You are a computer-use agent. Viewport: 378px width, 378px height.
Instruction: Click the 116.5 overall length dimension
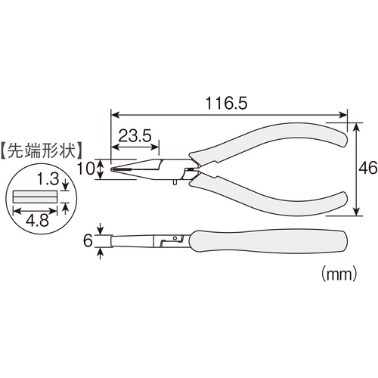click(x=226, y=104)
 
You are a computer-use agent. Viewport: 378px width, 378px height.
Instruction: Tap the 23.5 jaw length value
click(x=135, y=135)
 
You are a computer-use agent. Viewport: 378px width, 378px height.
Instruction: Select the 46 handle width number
click(x=368, y=168)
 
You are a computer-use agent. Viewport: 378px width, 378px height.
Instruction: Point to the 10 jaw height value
click(x=85, y=169)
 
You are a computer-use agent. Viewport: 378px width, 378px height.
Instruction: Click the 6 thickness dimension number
click(x=88, y=240)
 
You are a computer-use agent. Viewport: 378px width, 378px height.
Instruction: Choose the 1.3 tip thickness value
click(x=48, y=178)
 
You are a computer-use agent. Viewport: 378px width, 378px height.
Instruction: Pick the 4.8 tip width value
click(x=37, y=220)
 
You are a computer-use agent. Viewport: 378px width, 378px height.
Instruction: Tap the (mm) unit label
click(x=339, y=274)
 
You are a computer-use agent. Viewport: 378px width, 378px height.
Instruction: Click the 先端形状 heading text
click(x=42, y=151)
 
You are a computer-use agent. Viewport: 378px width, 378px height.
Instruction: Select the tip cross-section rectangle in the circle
click(x=36, y=197)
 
